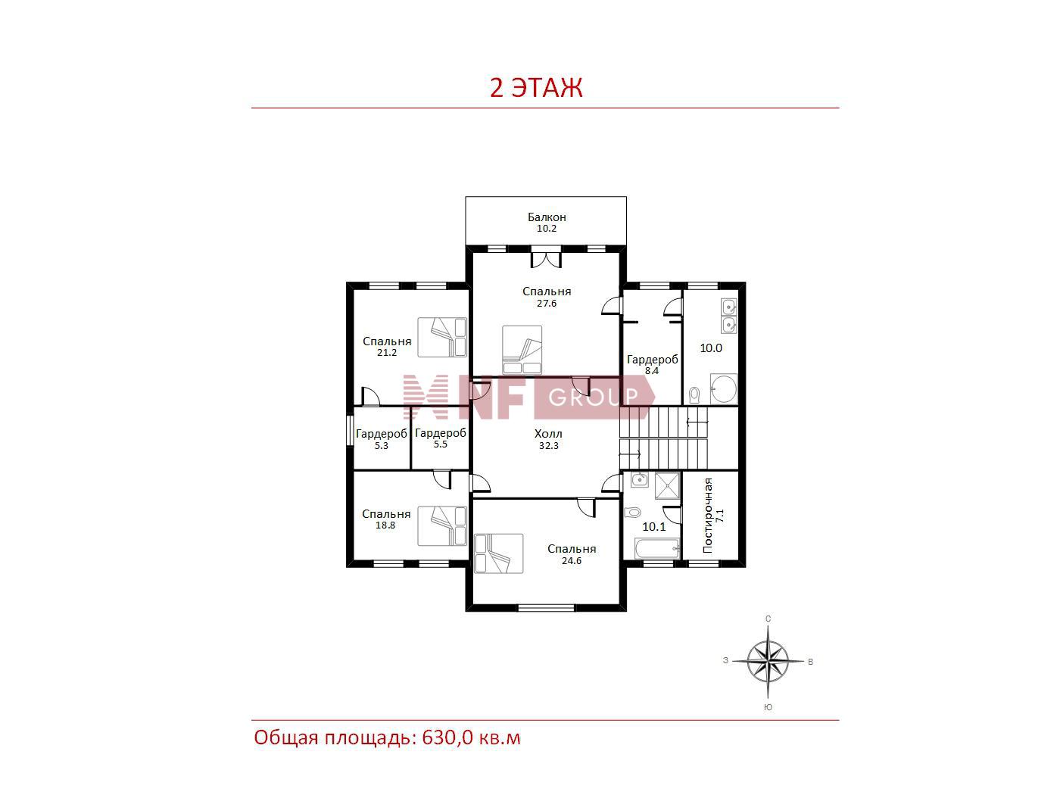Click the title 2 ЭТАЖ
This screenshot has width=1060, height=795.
[x=536, y=88]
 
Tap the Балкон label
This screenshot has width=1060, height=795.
[x=547, y=217]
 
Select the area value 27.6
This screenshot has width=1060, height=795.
[x=547, y=303]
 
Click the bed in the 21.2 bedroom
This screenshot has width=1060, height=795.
[x=442, y=337]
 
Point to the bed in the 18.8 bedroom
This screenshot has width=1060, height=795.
[x=442, y=525]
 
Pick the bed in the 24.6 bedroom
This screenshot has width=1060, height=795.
[x=499, y=553]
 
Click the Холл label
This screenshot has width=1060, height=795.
[x=549, y=433]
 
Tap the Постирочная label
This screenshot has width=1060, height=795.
[x=708, y=515]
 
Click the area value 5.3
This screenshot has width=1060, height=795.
[x=382, y=445]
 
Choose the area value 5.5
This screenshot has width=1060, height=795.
[x=441, y=444]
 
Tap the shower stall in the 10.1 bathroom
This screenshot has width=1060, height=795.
[x=667, y=485]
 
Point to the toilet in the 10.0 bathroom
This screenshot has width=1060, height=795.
[x=695, y=394]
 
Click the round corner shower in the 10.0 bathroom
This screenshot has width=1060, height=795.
[x=724, y=389]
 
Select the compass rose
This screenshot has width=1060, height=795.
[x=768, y=661]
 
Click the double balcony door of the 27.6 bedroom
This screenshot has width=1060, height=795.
[x=546, y=257]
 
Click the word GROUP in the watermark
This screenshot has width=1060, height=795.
[x=594, y=397]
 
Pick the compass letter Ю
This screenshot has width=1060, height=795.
[x=768, y=707]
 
